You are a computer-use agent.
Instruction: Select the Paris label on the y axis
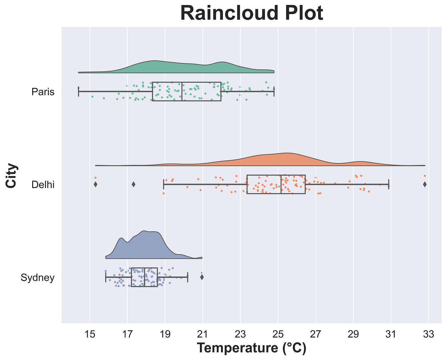(43, 92)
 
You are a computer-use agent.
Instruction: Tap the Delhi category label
(43, 185)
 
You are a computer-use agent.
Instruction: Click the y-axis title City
(11, 175)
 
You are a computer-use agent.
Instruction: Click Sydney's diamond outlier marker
(202, 277)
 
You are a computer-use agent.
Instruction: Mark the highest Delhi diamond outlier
(425, 184)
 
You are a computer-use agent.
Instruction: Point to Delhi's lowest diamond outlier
(95, 184)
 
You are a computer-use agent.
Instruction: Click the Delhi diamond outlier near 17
(133, 184)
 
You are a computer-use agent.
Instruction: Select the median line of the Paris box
(182, 92)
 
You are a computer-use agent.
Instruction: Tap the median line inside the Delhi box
(281, 184)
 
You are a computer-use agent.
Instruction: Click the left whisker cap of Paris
(79, 92)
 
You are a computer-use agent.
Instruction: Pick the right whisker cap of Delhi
(389, 184)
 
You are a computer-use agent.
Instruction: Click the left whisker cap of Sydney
(106, 277)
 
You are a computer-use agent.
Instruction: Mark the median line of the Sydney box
(145, 277)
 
